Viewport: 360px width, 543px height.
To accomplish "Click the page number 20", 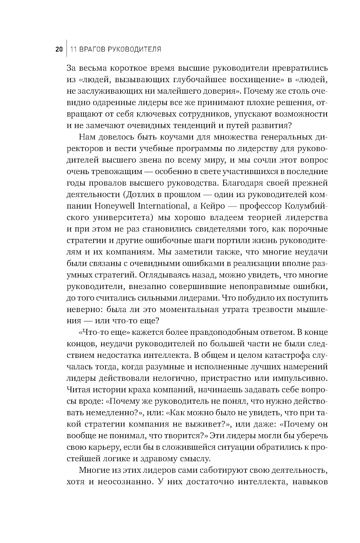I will (59, 49).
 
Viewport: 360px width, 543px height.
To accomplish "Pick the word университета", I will (119, 218).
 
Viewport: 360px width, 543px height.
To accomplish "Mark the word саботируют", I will (212, 471).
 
